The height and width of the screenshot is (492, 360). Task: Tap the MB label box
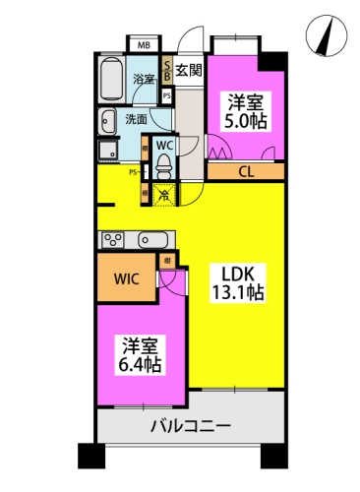[144, 44]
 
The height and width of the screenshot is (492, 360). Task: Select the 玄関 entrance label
[190, 70]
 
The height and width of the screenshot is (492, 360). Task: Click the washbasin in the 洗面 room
[107, 121]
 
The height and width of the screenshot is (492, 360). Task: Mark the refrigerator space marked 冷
[164, 194]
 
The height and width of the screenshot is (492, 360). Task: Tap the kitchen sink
[153, 239]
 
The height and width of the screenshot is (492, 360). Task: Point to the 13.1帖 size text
[237, 292]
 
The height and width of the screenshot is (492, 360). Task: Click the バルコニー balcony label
[191, 428]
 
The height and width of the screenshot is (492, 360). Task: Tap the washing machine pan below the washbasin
[106, 152]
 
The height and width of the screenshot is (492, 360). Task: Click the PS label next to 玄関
[167, 95]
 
